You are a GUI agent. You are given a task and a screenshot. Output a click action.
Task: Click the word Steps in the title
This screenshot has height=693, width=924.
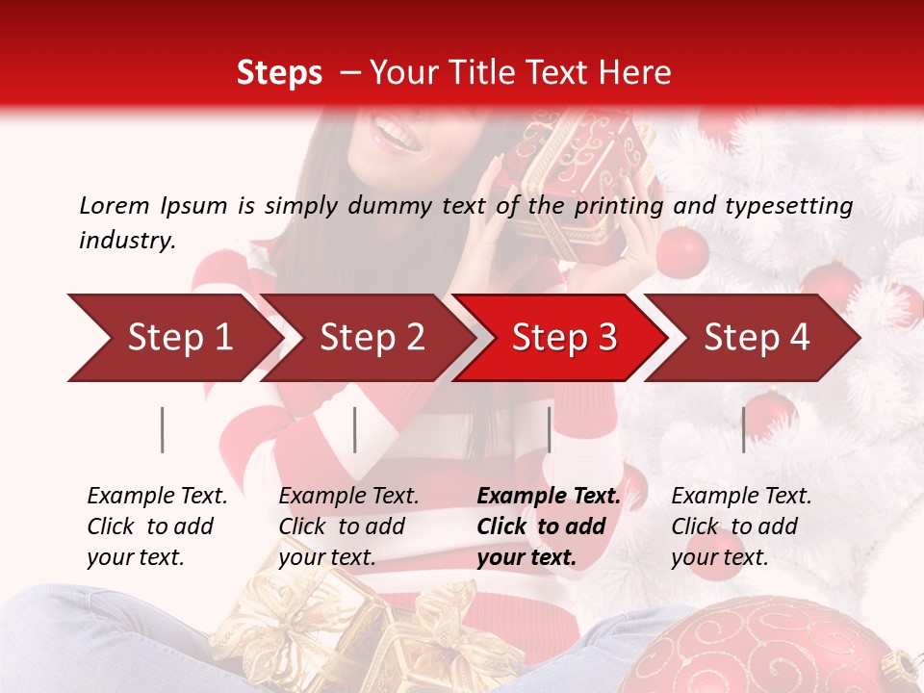(x=279, y=73)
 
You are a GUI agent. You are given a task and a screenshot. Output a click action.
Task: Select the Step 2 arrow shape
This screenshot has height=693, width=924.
(x=371, y=338)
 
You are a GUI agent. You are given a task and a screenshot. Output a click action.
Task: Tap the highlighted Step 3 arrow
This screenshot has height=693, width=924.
(x=563, y=338)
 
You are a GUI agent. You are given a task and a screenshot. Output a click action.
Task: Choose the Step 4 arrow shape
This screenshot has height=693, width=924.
(x=756, y=338)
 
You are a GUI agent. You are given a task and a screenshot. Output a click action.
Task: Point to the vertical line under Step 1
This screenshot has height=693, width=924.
(x=163, y=429)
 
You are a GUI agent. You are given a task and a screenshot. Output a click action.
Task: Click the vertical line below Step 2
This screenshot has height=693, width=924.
(x=355, y=429)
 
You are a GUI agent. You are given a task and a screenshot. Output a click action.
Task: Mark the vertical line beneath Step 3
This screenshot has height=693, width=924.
(x=549, y=429)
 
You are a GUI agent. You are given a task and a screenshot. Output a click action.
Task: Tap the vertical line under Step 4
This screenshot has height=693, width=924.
(x=743, y=429)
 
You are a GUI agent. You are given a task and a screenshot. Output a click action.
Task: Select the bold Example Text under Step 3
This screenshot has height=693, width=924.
(x=549, y=526)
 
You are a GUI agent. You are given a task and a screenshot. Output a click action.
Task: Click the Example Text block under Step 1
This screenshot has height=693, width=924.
(x=157, y=526)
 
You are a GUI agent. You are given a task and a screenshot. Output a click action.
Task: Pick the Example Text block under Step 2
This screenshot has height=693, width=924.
(x=348, y=526)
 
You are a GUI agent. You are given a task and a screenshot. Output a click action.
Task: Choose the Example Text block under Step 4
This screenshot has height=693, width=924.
(x=741, y=526)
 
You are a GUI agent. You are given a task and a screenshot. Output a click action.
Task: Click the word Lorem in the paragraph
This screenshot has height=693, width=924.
(x=115, y=205)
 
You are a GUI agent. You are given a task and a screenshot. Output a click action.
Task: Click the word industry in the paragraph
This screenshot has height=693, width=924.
(x=127, y=241)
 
